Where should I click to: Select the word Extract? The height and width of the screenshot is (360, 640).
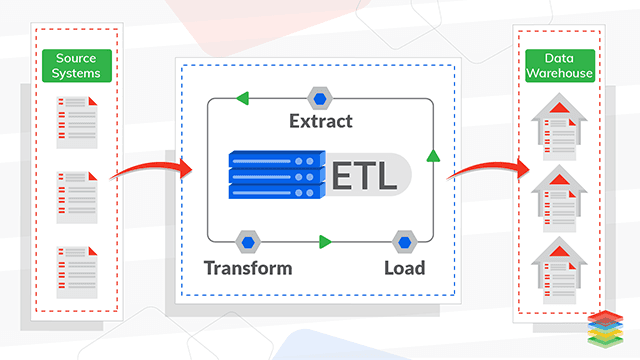point(320,122)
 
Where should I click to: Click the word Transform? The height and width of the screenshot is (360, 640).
point(248,267)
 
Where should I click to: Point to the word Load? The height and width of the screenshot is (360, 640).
point(404,267)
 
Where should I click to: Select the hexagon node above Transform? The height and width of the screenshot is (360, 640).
point(248,241)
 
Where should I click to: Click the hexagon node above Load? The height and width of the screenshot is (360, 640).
point(404,241)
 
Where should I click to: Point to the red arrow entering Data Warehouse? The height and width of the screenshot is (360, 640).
point(487,170)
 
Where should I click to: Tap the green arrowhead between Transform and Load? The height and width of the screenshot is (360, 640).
point(324,241)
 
